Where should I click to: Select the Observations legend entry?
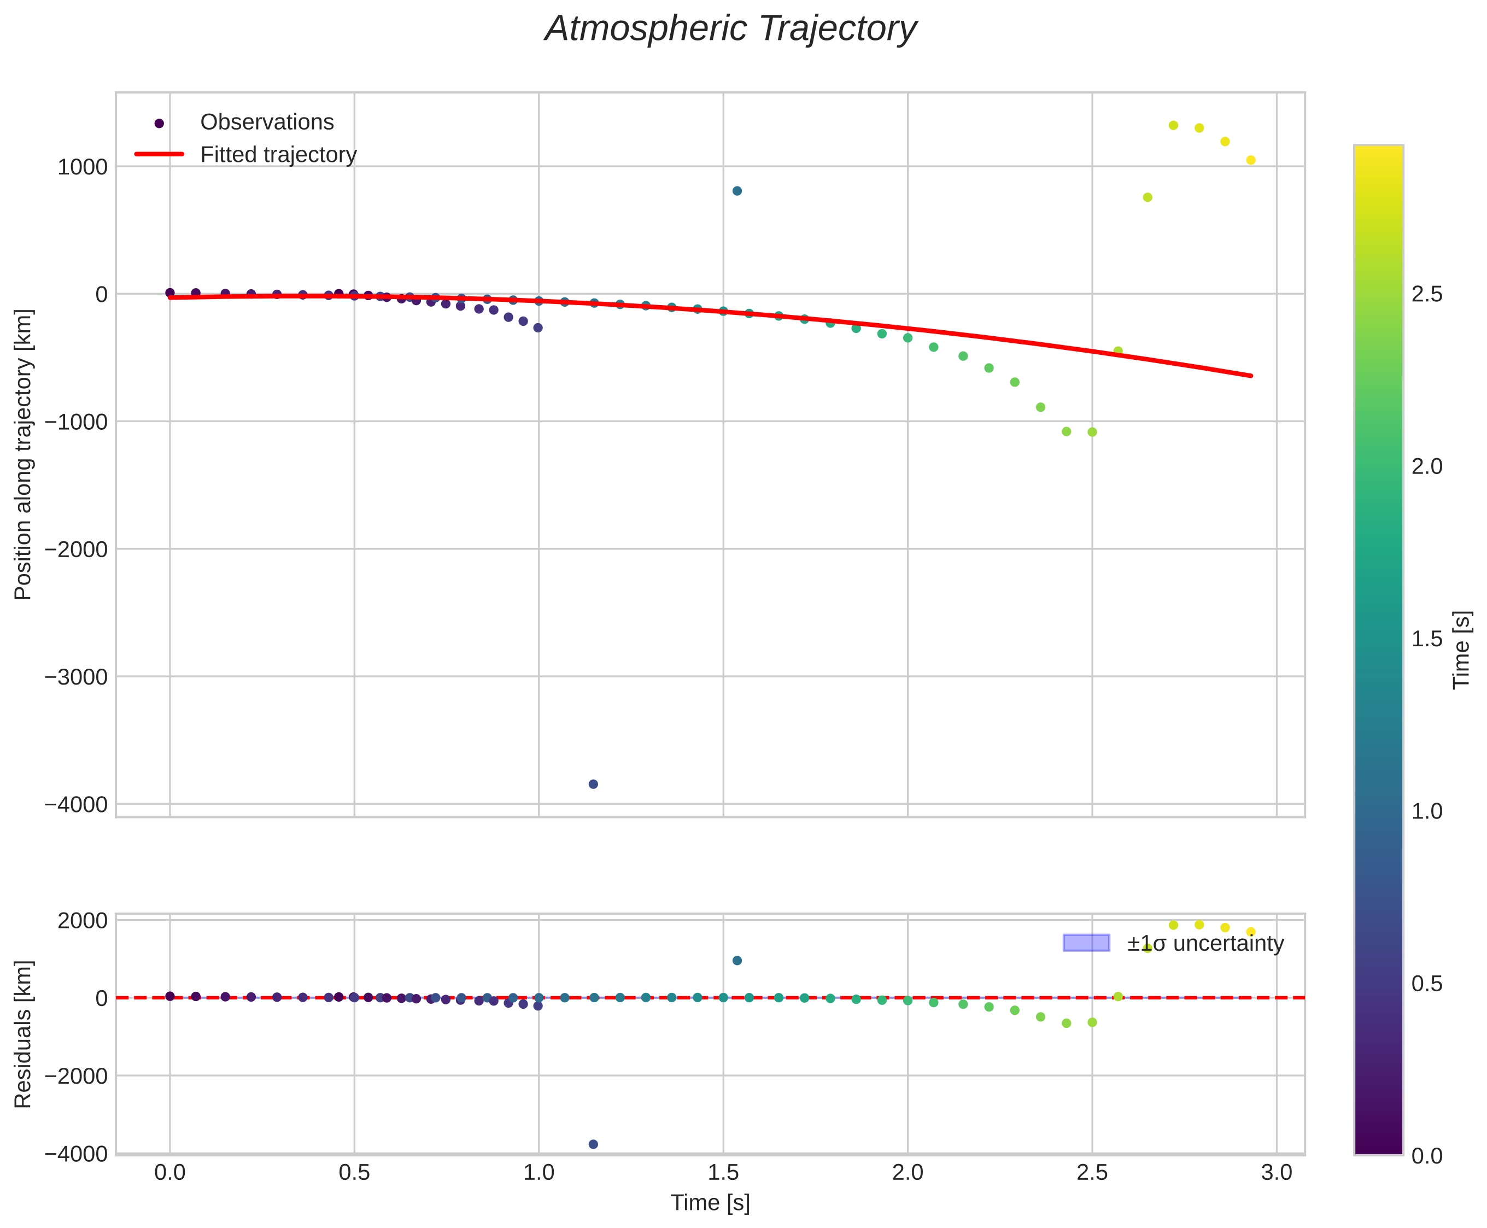pos(267,122)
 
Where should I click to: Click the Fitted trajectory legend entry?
pos(278,154)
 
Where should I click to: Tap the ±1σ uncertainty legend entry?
pos(1205,944)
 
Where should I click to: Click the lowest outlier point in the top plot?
pos(593,784)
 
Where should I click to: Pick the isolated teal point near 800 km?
pos(736,191)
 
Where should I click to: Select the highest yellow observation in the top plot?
pos(1173,125)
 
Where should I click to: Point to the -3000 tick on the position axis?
pos(77,677)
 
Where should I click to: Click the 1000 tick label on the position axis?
pos(83,167)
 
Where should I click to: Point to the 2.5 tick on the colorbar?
pos(1426,294)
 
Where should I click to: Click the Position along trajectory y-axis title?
pos(24,454)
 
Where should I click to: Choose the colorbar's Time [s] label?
pos(1461,650)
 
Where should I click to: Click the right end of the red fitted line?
pos(1250,375)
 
